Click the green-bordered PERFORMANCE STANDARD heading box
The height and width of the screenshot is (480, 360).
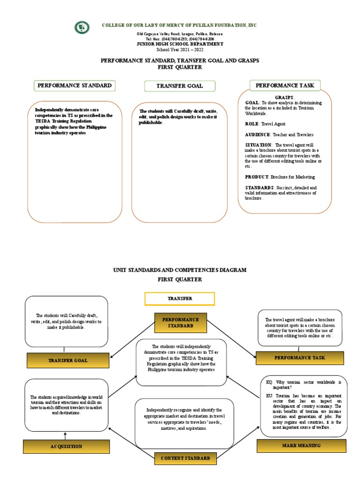tap(75, 86)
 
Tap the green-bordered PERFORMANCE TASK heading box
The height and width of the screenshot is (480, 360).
tap(285, 85)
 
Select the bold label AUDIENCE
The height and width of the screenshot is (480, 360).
tap(257, 135)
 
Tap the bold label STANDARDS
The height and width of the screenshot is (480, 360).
tap(259, 187)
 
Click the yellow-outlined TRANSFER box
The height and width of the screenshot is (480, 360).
tap(180, 299)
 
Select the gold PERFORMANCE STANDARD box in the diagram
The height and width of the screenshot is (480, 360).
tap(180, 322)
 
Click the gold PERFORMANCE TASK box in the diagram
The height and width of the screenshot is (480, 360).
tap(300, 358)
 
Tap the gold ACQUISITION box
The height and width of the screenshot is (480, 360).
tap(66, 447)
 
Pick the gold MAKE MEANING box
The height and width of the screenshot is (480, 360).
tap(301, 445)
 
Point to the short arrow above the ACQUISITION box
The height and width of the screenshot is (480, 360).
tap(65, 436)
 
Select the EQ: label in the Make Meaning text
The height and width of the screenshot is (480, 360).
tap(269, 382)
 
